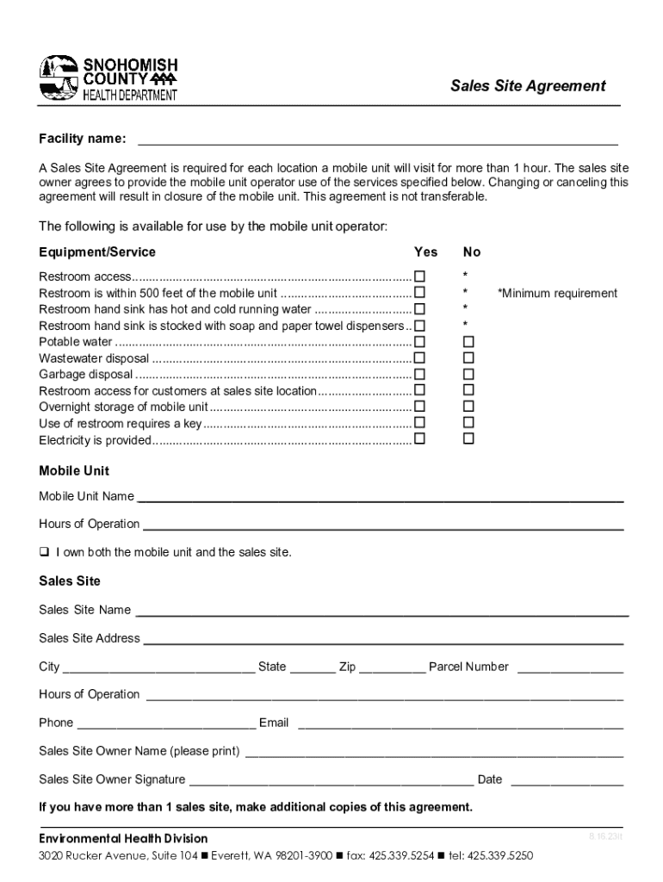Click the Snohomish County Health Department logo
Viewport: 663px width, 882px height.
[x=108, y=78]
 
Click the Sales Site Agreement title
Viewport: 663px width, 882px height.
[x=529, y=85]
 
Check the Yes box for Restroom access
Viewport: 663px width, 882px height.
[x=420, y=276]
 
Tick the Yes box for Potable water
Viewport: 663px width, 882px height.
[x=420, y=342]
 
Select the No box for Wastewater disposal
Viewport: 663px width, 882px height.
[x=468, y=358]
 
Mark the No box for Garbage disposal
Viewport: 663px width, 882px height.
[x=468, y=375]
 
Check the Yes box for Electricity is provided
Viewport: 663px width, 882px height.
[x=420, y=439]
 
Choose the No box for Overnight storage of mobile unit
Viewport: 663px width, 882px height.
[x=468, y=407]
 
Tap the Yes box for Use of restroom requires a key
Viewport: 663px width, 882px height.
[x=420, y=423]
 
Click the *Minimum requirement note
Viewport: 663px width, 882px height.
[x=557, y=294]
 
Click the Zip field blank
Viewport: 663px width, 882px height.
[x=392, y=669]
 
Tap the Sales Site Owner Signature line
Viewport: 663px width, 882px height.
[x=331, y=782]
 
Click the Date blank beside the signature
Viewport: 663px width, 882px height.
[x=567, y=782]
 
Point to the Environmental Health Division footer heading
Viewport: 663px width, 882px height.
[x=123, y=838]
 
